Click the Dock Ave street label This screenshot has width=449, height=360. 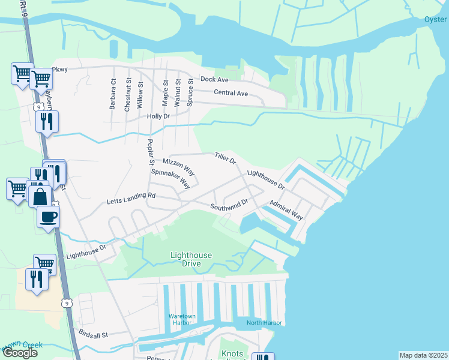pyautogui.click(x=214, y=79)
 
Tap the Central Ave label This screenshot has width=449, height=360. pyautogui.click(x=231, y=93)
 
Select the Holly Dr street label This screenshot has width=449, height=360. pyautogui.click(x=158, y=116)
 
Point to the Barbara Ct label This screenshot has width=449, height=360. pyautogui.click(x=112, y=94)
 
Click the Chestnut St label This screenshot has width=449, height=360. pyautogui.click(x=127, y=94)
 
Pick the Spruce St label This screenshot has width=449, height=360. pyautogui.click(x=190, y=92)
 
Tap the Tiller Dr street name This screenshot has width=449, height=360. pyautogui.click(x=225, y=158)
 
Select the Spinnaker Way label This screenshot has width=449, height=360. pyautogui.click(x=170, y=179)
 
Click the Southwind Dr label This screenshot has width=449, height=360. pyautogui.click(x=229, y=205)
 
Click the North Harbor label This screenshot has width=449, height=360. pyautogui.click(x=264, y=323)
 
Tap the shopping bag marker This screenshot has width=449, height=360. pyautogui.click(x=40, y=196)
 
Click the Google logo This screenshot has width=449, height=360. pyautogui.click(x=20, y=353)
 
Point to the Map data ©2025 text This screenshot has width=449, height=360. pyautogui.click(x=423, y=355)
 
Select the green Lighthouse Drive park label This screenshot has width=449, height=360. pyautogui.click(x=191, y=259)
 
